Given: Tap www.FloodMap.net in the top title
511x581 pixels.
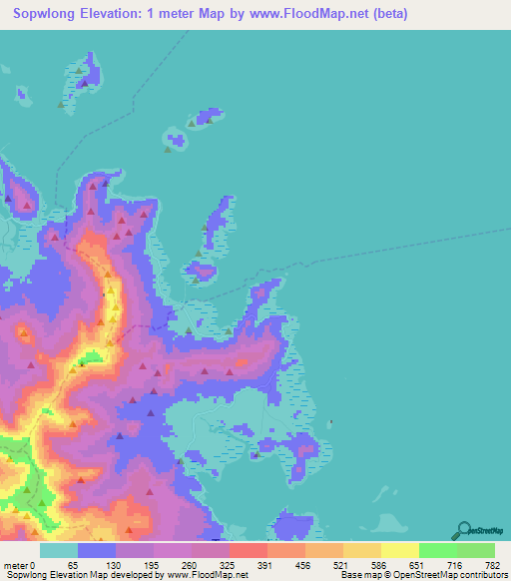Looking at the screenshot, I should coord(304,15).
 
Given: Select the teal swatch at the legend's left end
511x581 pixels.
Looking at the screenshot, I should coord(59,550).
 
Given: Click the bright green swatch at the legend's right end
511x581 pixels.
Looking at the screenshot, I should coord(475,550).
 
